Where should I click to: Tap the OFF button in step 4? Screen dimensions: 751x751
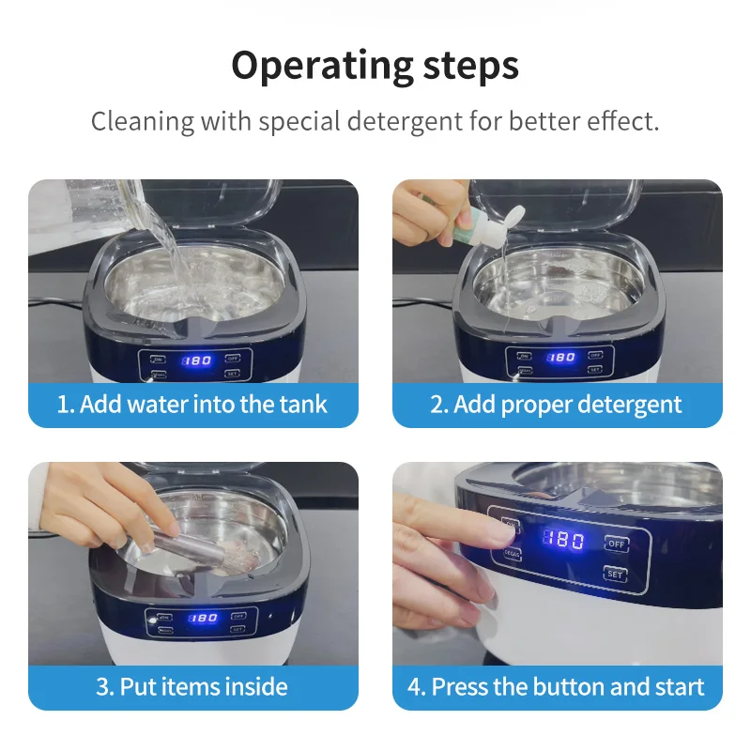click(617, 544)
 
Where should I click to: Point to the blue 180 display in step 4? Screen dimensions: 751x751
click(563, 541)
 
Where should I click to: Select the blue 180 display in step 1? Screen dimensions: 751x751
click(196, 360)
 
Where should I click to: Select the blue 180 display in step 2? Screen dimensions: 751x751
click(561, 358)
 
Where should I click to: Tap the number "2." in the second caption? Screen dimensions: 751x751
click(439, 405)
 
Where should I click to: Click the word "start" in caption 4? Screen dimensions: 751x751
click(679, 686)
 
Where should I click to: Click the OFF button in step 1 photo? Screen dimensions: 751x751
click(231, 356)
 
